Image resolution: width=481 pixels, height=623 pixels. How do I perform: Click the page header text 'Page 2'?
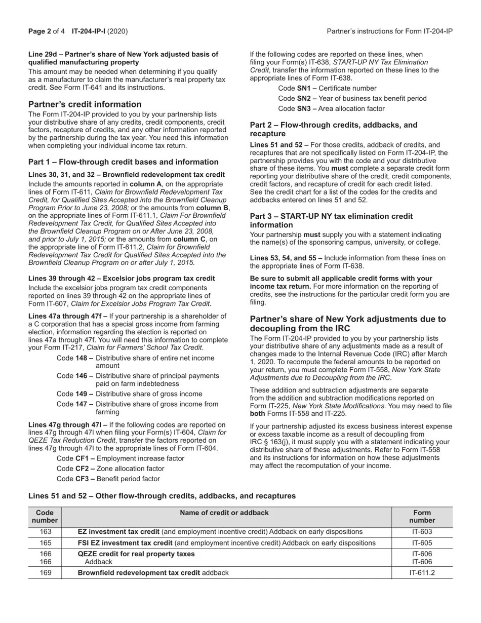pos(39,31)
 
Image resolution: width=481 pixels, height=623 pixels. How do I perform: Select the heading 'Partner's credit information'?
pos(85,104)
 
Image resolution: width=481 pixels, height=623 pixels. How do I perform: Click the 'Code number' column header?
pos(45,516)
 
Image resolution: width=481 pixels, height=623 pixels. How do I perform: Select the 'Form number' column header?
pos(422,516)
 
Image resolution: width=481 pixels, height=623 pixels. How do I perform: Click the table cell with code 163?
pos(45,532)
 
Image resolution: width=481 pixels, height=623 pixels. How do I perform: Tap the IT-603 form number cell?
pos(422,532)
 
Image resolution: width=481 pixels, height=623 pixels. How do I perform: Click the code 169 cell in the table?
pos(45,573)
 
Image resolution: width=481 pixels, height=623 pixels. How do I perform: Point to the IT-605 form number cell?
pos(422,543)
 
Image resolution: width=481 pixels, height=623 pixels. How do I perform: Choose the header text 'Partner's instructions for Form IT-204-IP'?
pos(389,31)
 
